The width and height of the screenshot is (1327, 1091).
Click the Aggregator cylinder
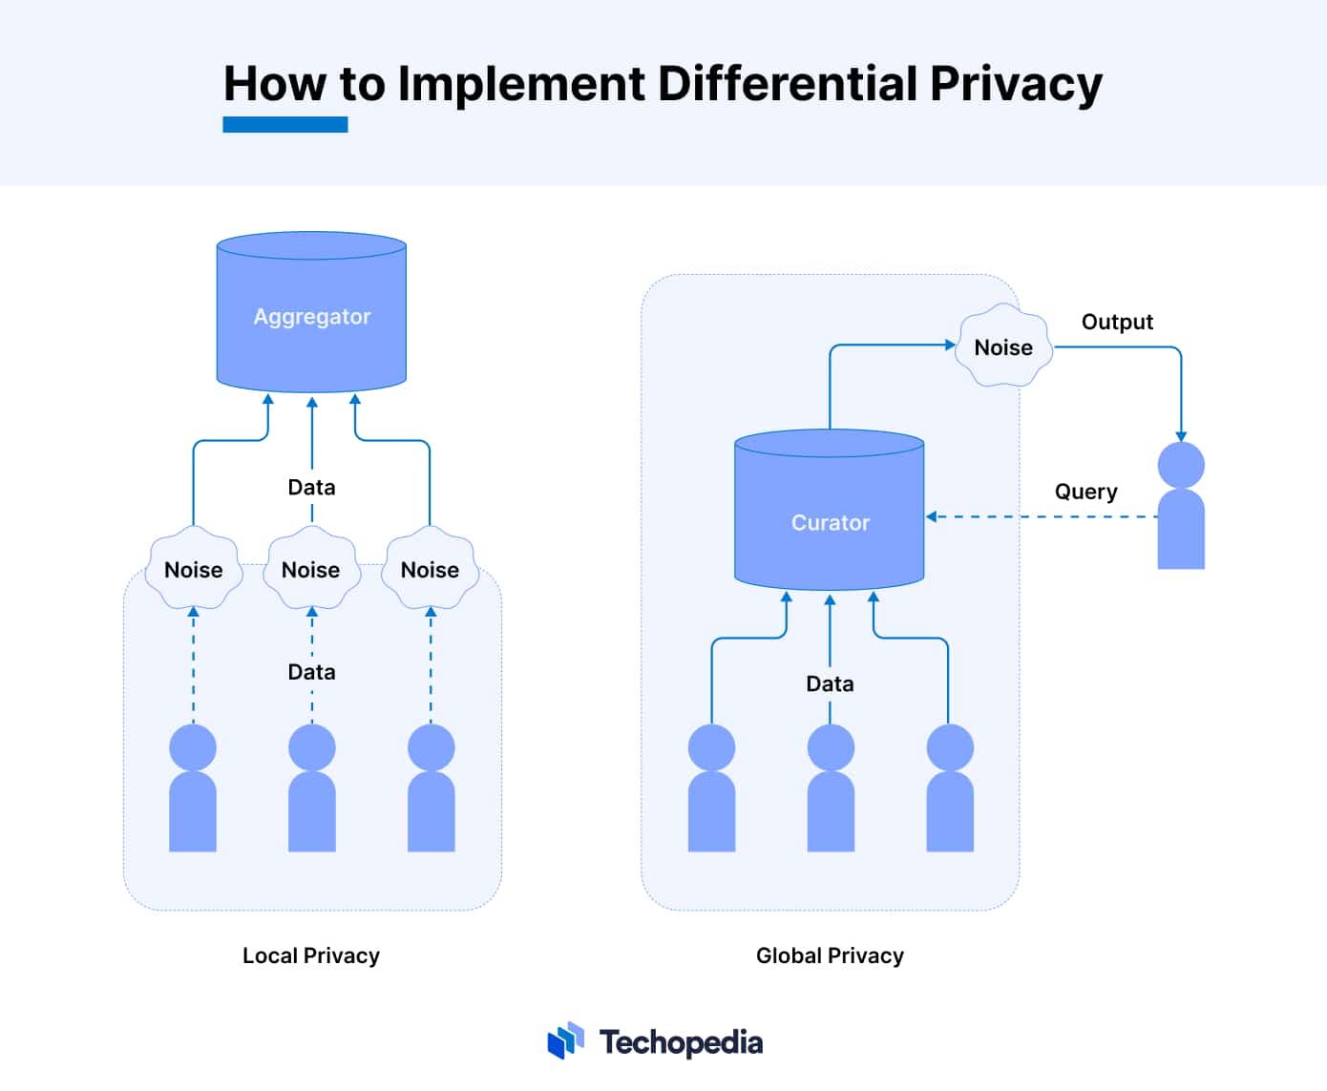311,312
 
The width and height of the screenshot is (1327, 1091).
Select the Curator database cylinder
830,510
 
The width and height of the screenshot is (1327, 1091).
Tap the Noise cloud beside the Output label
1003,346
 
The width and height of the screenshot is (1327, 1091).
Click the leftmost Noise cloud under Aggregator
193,568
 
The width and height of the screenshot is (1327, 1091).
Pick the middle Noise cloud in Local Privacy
311,568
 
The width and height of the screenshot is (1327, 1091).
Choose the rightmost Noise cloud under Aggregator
431,568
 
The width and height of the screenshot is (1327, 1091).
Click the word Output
1117,322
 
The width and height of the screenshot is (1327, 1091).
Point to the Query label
1086,492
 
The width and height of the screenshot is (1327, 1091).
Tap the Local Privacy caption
311,955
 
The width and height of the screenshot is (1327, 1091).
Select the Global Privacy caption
830,955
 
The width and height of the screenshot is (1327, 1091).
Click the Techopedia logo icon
566,1041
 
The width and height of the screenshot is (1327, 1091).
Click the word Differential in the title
788,84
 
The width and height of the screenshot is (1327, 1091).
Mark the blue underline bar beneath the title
285,125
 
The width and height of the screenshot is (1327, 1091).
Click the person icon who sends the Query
1181,506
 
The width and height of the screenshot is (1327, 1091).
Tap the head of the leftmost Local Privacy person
193,746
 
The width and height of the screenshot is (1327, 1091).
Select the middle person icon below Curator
831,787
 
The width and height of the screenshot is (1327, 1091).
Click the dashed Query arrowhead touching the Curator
931,516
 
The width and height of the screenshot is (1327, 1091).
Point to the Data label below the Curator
830,684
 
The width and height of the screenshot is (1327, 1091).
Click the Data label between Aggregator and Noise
311,488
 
